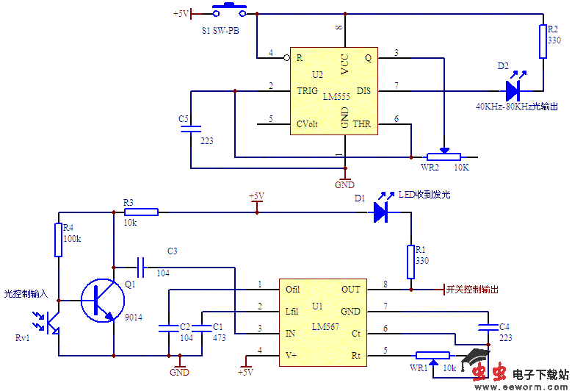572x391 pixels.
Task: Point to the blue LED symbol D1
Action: pos(380,212)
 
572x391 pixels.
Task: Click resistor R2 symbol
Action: pos(543,40)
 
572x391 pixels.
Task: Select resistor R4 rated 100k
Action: pos(58,240)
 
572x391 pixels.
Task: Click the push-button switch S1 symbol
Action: pos(229,11)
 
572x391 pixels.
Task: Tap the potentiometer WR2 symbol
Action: pos(444,156)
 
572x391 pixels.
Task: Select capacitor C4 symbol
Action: pos(485,327)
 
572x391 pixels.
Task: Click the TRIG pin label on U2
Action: pos(307,90)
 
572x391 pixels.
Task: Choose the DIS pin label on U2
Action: pos(363,90)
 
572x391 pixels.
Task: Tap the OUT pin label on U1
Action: pos(351,290)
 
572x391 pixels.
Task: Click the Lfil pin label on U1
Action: pos(293,311)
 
